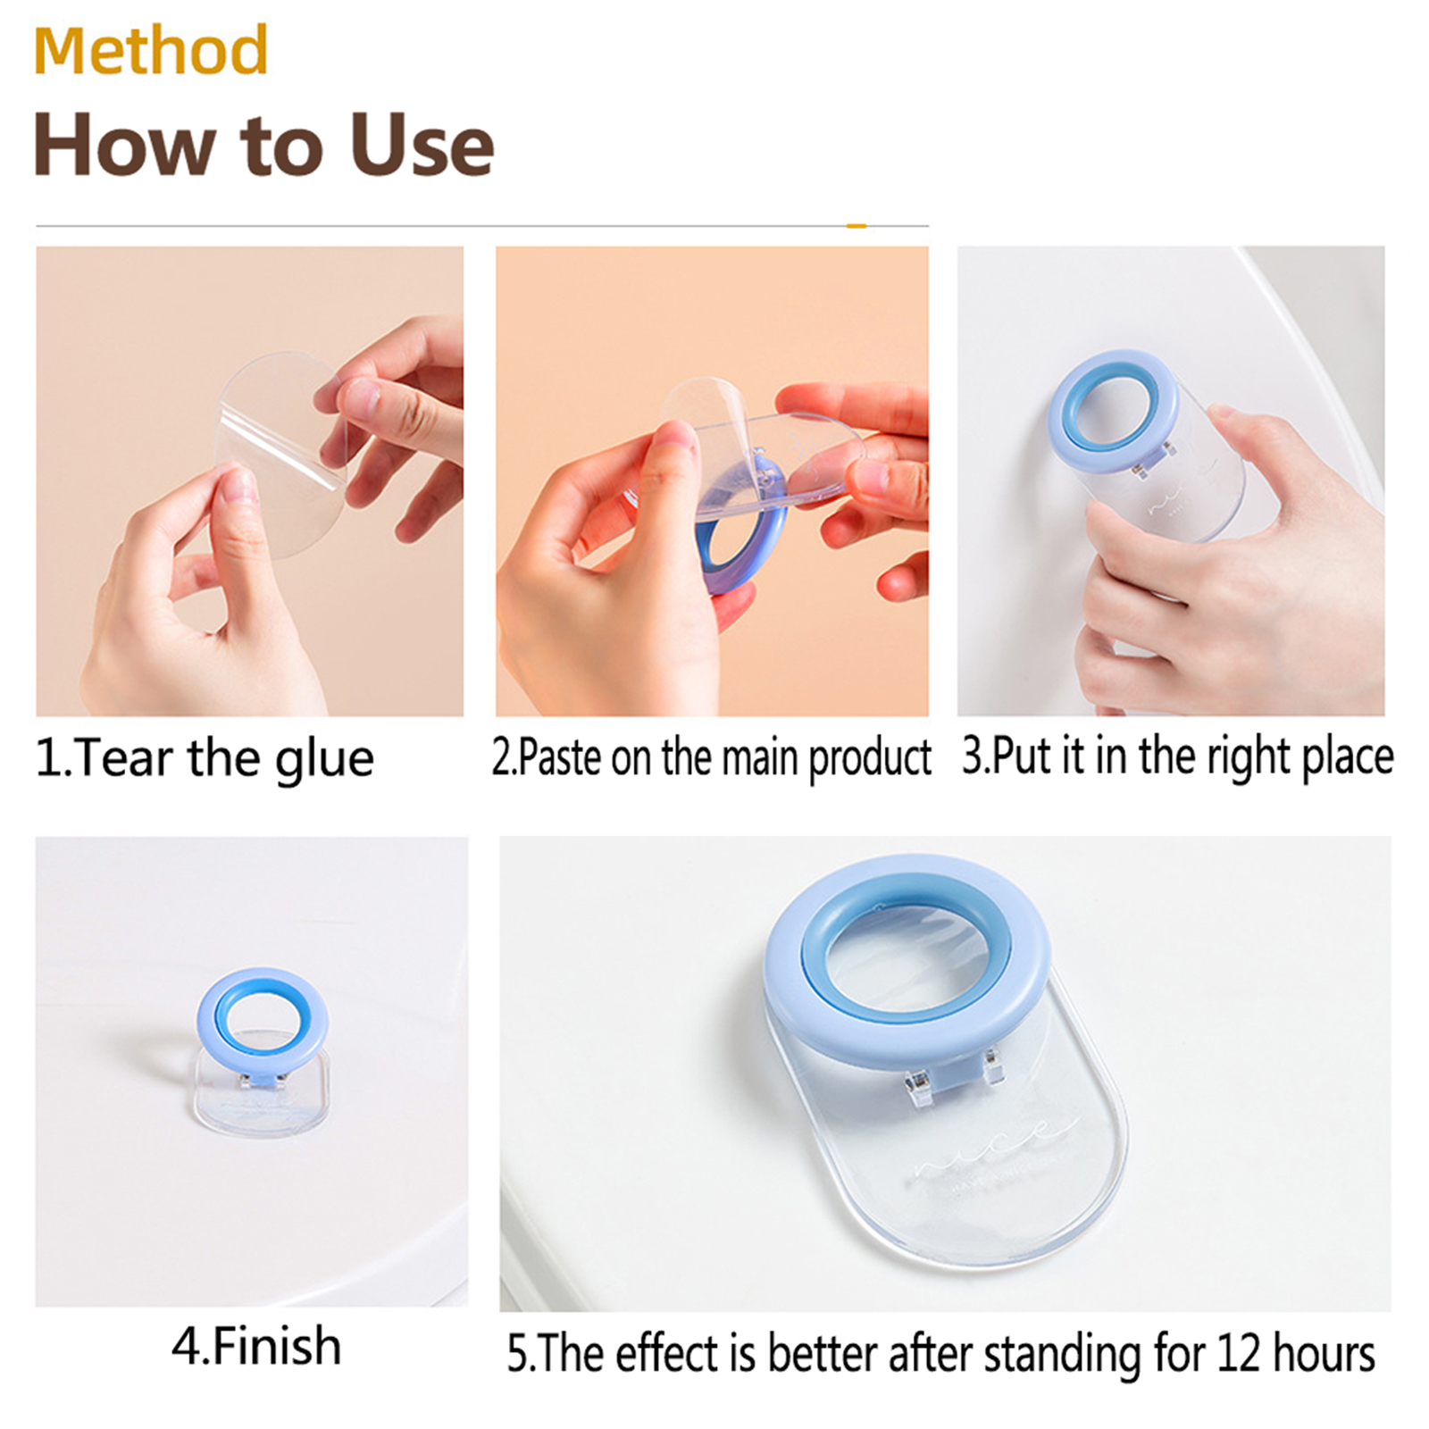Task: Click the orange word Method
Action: pyautogui.click(x=151, y=50)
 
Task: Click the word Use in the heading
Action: pyautogui.click(x=422, y=145)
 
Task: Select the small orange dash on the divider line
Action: pyautogui.click(x=856, y=226)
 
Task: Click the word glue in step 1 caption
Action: pyautogui.click(x=324, y=760)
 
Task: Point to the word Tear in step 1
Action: pyautogui.click(x=124, y=759)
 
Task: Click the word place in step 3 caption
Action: pyautogui.click(x=1348, y=758)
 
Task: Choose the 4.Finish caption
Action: pyautogui.click(x=256, y=1346)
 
